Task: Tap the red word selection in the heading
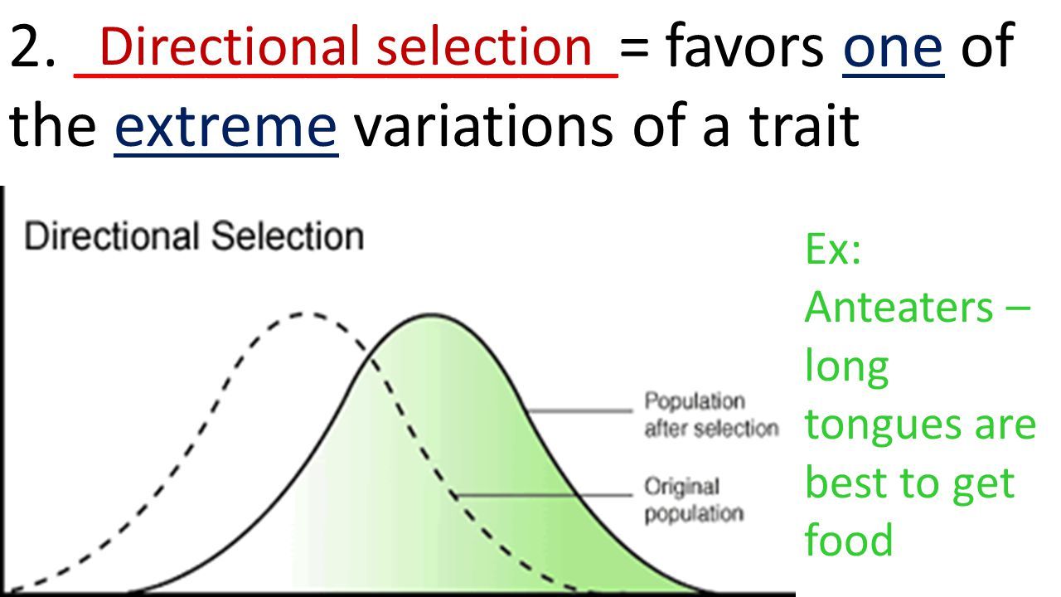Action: [484, 46]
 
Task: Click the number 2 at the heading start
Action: [25, 46]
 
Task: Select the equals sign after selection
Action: [634, 48]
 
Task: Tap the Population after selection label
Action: [711, 415]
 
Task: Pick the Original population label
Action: [694, 500]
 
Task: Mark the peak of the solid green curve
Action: [432, 314]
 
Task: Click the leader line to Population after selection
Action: [579, 410]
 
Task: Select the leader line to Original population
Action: [544, 496]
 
